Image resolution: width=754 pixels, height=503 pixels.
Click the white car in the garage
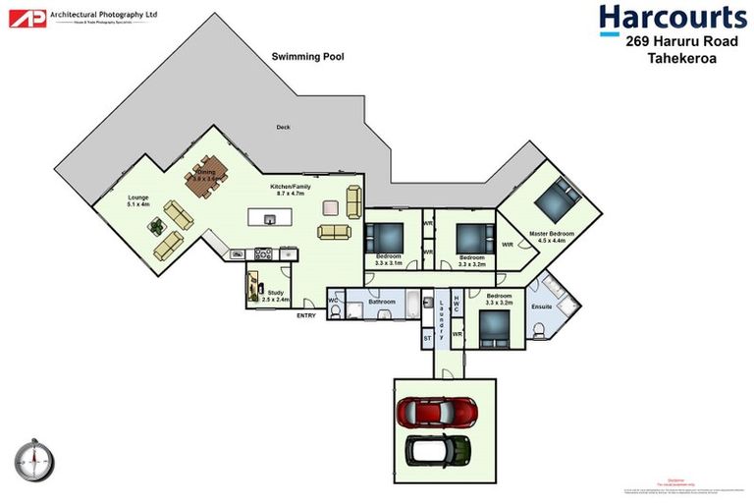point(440,450)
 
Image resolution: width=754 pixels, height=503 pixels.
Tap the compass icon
point(33,459)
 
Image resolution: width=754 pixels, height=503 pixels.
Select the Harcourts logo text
point(673,19)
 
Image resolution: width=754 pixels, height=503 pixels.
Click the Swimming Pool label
point(307,58)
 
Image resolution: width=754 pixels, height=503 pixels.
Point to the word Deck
point(283,128)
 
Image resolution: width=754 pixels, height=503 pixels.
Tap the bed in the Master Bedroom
point(557,201)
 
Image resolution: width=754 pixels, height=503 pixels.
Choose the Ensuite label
point(541,307)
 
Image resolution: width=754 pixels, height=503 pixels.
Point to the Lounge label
point(138,197)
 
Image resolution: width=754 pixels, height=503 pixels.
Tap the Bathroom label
point(382,302)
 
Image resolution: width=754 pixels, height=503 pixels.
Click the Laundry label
point(442,317)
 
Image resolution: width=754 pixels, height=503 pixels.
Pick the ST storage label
point(427,338)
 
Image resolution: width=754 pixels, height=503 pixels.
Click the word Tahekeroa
point(683,60)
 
